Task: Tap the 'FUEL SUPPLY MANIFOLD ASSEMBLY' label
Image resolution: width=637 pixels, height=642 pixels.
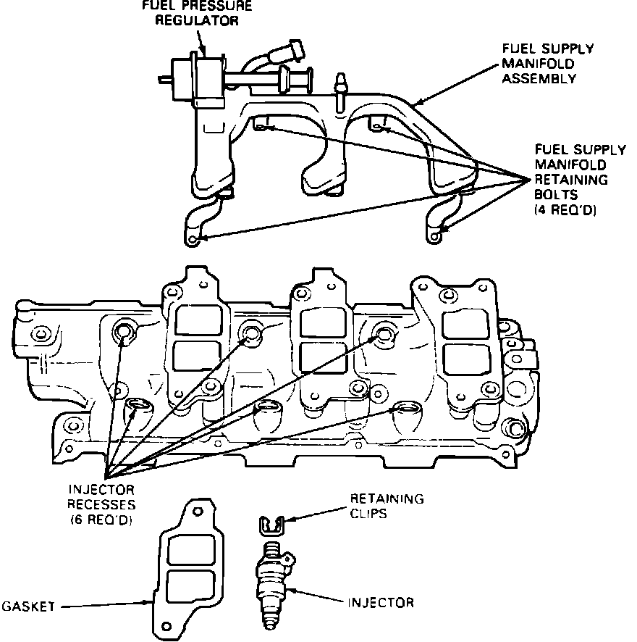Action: coord(548,63)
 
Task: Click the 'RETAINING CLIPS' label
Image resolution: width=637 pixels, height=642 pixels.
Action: coord(387,506)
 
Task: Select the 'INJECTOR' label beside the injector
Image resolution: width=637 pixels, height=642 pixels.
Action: coord(381,602)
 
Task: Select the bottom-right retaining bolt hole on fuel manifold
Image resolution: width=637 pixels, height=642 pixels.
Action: coord(433,236)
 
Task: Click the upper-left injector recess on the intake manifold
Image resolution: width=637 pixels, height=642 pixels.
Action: coord(125,333)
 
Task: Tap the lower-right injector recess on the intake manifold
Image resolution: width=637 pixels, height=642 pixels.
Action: coord(404,409)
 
